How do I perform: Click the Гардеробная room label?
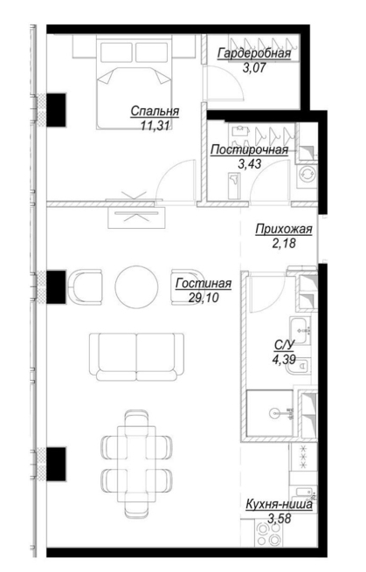pos(254,53)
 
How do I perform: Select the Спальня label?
pos(155,111)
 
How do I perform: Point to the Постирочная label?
pos(250,149)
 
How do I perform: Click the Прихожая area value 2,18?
pos(284,243)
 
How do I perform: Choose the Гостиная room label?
pos(204,284)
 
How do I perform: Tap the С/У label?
pos(284,345)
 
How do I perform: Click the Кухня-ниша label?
pos(280,505)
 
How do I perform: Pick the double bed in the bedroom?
pos(134,84)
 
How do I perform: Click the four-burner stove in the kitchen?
pos(268,534)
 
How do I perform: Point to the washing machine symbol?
pos(307,175)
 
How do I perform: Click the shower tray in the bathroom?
pos(271,413)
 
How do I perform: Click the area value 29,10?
pos(204,297)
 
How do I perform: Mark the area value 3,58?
pos(280,519)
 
